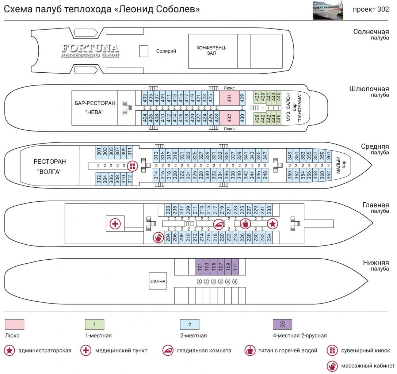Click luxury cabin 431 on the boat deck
click(229, 98)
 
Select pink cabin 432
click(229, 118)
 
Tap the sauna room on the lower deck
click(158, 281)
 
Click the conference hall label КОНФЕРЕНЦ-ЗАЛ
click(211, 50)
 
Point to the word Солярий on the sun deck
click(166, 51)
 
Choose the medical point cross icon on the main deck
click(115, 224)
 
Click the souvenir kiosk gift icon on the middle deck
click(133, 166)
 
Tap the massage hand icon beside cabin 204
click(159, 237)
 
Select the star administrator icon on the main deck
click(273, 224)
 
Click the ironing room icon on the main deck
click(218, 224)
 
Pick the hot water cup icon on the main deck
click(245, 224)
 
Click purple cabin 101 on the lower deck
click(199, 267)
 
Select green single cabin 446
click(278, 118)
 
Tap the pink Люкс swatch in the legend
click(15, 324)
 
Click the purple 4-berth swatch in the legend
click(282, 324)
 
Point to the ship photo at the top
click(328, 10)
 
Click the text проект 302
click(371, 9)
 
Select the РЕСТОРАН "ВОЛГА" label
click(50, 166)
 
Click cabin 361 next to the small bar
click(328, 156)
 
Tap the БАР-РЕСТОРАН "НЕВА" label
click(95, 108)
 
